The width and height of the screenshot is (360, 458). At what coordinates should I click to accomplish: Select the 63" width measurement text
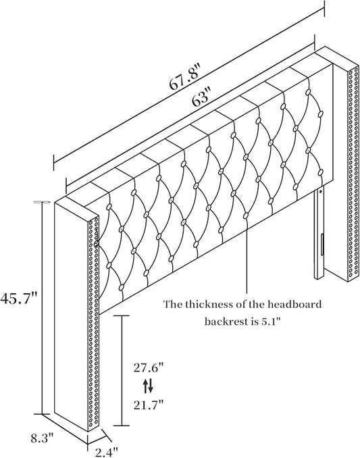click(201, 99)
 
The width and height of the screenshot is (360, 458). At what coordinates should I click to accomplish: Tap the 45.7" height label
click(19, 299)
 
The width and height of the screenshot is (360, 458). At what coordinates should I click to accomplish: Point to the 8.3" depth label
click(43, 438)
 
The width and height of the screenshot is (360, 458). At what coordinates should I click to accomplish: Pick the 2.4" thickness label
click(107, 453)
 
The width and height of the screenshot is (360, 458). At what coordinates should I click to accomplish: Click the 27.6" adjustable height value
click(148, 367)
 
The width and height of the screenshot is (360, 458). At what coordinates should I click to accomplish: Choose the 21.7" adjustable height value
click(148, 405)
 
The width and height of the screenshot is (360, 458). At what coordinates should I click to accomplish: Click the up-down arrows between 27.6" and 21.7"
click(148, 386)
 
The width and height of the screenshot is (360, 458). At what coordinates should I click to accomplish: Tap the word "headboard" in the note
click(295, 305)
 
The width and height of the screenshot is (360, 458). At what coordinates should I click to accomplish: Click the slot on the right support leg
click(322, 244)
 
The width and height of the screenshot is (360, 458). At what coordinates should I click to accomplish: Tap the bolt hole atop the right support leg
click(322, 192)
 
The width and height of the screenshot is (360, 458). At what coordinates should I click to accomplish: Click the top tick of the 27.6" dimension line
click(122, 315)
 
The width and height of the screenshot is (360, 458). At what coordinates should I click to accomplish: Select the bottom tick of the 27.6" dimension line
click(122, 426)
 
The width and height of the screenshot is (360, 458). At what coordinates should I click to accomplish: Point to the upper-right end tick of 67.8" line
click(324, 8)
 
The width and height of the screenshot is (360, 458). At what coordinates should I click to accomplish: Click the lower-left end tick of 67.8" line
click(54, 162)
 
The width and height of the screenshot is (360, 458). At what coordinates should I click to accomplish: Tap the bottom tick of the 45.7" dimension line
click(43, 414)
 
